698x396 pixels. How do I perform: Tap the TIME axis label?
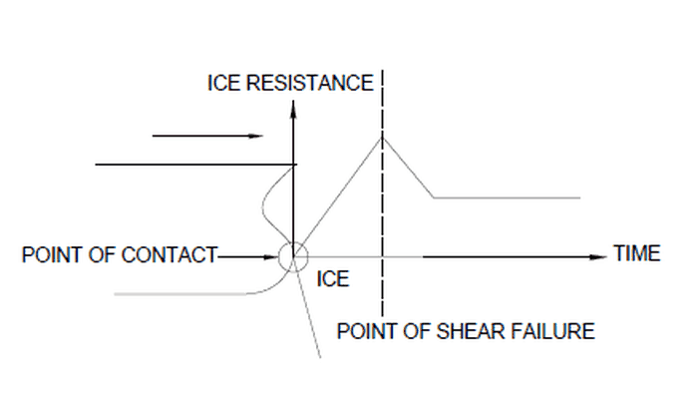(x=636, y=253)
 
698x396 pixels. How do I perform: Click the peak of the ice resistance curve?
(x=382, y=136)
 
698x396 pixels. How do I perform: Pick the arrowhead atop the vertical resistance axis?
(x=293, y=111)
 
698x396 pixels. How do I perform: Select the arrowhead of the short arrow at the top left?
(x=258, y=136)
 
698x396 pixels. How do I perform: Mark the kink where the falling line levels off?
(x=433, y=198)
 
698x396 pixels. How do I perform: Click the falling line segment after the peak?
(x=407, y=167)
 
